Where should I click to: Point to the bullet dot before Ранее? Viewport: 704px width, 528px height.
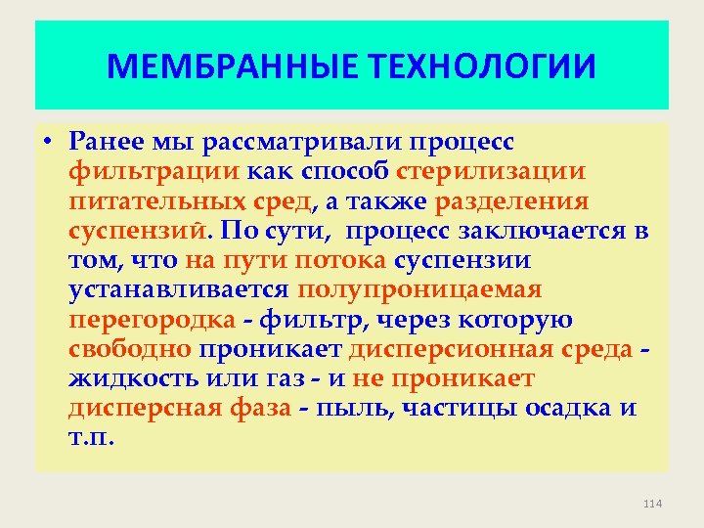coord(48,143)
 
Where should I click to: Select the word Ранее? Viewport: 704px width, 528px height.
coord(108,142)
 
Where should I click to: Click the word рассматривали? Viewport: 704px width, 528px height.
coord(302,142)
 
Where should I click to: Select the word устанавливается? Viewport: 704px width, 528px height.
coord(179,290)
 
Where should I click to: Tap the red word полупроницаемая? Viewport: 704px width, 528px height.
coord(419,290)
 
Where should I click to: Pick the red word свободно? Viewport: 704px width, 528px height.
coord(131,349)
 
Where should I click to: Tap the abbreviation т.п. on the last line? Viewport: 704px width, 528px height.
coord(92,437)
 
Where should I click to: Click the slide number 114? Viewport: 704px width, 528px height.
coord(653,503)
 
